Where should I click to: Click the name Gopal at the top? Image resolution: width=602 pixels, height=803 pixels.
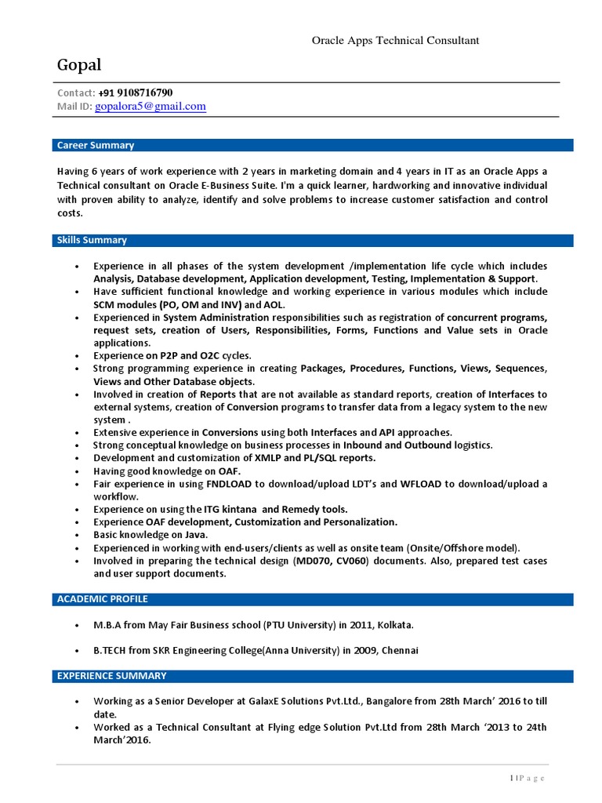point(79,64)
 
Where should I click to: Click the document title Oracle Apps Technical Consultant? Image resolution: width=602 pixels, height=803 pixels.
point(395,40)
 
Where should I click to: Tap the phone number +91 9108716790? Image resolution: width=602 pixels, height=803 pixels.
point(136,93)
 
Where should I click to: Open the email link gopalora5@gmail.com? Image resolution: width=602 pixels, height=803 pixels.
point(150,106)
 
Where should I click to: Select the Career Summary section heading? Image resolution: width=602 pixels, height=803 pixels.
point(95,145)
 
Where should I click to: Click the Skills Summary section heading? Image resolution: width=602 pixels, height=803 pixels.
point(92,240)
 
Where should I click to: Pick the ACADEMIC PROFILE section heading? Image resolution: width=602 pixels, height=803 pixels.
point(102,599)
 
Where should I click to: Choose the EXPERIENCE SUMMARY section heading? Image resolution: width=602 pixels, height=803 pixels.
point(111,675)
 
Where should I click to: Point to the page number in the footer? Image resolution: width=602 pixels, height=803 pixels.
point(526,777)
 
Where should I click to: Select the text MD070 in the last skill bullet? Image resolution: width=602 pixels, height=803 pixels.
point(310,561)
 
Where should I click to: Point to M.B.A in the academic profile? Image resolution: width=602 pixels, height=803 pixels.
point(107,625)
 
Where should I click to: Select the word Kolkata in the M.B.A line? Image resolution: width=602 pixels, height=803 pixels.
point(394,625)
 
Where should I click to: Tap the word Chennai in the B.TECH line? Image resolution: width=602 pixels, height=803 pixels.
point(400,650)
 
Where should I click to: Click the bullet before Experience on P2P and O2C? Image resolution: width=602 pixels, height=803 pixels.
point(77,356)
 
